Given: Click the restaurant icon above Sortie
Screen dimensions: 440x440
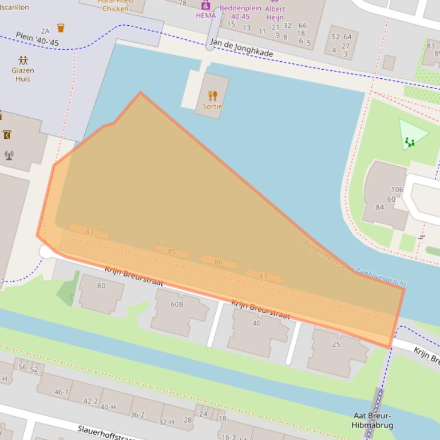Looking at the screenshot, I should [213, 95].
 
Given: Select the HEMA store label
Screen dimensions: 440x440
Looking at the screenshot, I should [205, 15].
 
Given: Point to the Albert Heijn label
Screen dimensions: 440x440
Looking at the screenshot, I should [275, 13].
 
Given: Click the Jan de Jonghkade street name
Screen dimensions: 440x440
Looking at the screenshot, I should [241, 49].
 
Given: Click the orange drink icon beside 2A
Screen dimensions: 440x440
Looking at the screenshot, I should [61, 27].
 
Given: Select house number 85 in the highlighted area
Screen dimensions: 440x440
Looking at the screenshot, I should [172, 251].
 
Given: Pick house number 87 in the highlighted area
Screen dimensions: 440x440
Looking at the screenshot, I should [263, 276].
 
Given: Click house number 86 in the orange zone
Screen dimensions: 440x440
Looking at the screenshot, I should [218, 262].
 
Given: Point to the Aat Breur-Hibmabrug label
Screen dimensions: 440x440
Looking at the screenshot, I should [372, 421].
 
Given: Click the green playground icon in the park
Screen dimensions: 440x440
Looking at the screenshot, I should [410, 142].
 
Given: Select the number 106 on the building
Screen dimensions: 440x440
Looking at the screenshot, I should [397, 190].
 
